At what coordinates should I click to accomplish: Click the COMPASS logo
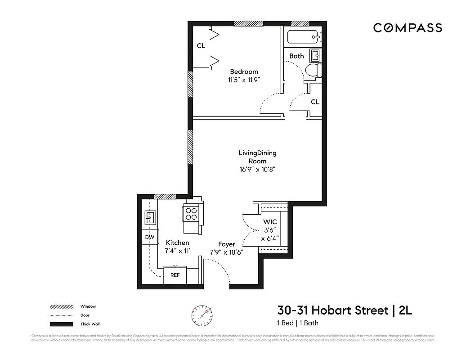pyautogui.click(x=408, y=28)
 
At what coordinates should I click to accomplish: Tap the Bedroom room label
pyautogui.click(x=244, y=72)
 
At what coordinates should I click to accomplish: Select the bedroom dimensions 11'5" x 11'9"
pyautogui.click(x=244, y=80)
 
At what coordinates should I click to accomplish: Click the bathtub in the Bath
pyautogui.click(x=302, y=37)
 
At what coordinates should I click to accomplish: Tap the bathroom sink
pyautogui.click(x=316, y=56)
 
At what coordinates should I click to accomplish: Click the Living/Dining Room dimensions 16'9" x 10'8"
pyautogui.click(x=257, y=170)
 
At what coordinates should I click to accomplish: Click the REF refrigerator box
pyautogui.click(x=175, y=275)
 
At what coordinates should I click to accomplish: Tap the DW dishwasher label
pyautogui.click(x=149, y=237)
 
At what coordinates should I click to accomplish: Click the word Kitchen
pyautogui.click(x=177, y=243)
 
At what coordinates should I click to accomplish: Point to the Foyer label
pyautogui.click(x=227, y=244)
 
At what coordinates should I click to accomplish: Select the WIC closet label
pyautogui.click(x=270, y=222)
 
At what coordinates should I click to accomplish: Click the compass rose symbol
pyautogui.click(x=202, y=315)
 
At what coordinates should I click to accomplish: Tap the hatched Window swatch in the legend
pyautogui.click(x=61, y=306)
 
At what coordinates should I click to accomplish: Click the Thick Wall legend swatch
pyautogui.click(x=61, y=324)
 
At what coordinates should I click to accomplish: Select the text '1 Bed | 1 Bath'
pyautogui.click(x=298, y=323)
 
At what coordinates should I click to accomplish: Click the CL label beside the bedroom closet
pyautogui.click(x=201, y=46)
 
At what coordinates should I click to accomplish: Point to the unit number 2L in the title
pyautogui.click(x=405, y=310)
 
